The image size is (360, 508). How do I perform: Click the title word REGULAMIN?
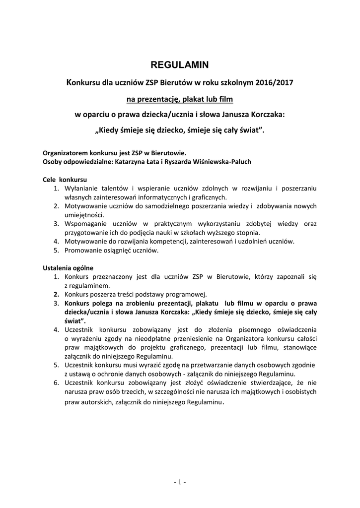pyautogui.click(x=180, y=64)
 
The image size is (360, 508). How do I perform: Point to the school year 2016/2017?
pyautogui.click(x=275, y=82)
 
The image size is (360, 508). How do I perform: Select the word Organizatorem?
pyautogui.click(x=65, y=153)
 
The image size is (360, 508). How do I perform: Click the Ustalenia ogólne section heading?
pyautogui.click(x=68, y=268)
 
